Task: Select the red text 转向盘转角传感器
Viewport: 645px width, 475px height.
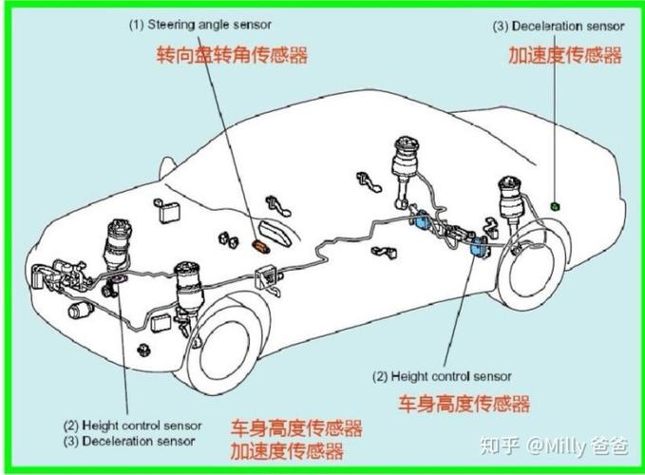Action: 233,55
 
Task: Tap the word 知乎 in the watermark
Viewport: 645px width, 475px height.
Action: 502,445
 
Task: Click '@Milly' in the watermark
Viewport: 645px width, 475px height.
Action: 559,445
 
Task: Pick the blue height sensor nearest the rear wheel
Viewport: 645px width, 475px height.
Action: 479,249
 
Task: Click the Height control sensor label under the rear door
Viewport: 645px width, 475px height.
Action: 442,376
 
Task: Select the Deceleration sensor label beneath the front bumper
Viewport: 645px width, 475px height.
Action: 129,441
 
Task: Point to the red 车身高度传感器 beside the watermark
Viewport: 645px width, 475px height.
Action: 464,404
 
